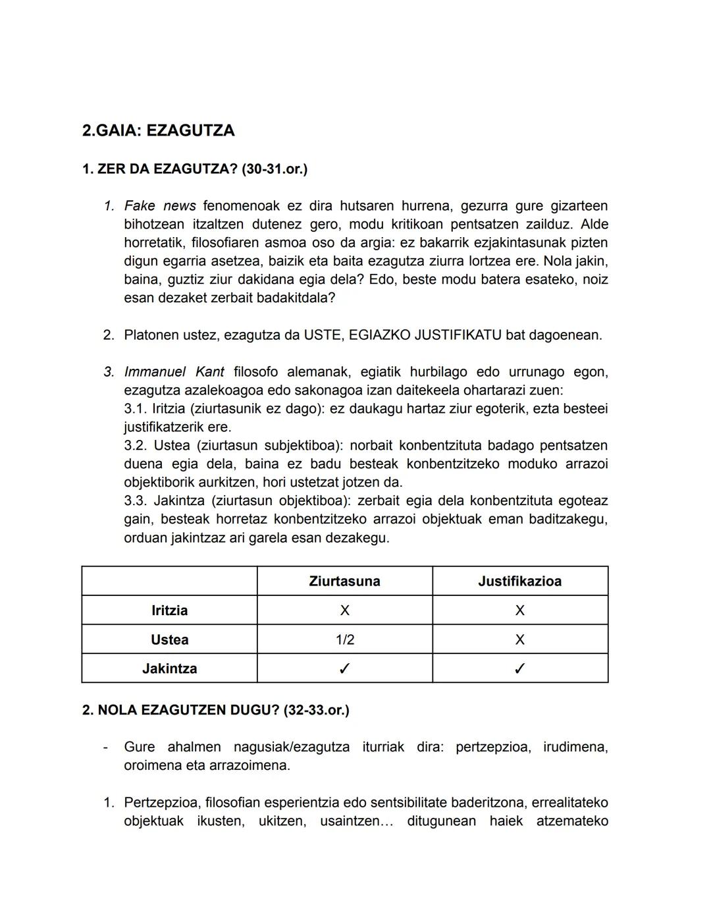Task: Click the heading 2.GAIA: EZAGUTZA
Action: tap(158, 130)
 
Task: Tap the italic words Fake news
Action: tap(160, 206)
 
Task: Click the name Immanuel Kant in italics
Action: tap(174, 372)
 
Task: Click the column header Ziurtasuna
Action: tap(344, 582)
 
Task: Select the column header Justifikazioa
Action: tap(519, 582)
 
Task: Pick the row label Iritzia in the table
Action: tap(169, 610)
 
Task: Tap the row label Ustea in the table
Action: tap(169, 639)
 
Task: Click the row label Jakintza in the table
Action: tap(169, 668)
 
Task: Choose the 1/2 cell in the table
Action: tap(344, 639)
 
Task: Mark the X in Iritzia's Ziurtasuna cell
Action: tap(344, 610)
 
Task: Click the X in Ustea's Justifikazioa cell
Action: tap(519, 639)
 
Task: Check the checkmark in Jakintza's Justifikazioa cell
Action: tap(519, 669)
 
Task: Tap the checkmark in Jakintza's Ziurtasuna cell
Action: tap(344, 669)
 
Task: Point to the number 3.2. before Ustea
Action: tap(135, 446)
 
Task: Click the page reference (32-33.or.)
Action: tap(316, 711)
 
